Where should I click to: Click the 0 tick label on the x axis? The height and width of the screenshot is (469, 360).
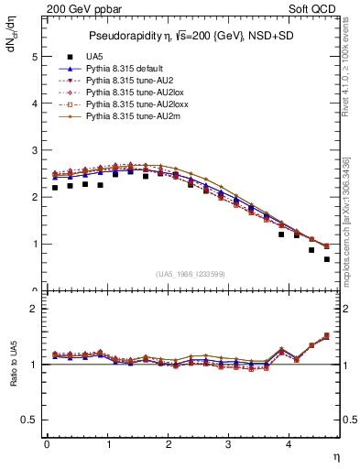click(47, 445)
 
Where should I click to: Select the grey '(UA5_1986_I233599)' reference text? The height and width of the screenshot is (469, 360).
click(192, 275)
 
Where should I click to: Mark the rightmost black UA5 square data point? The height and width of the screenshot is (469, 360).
click(326, 259)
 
